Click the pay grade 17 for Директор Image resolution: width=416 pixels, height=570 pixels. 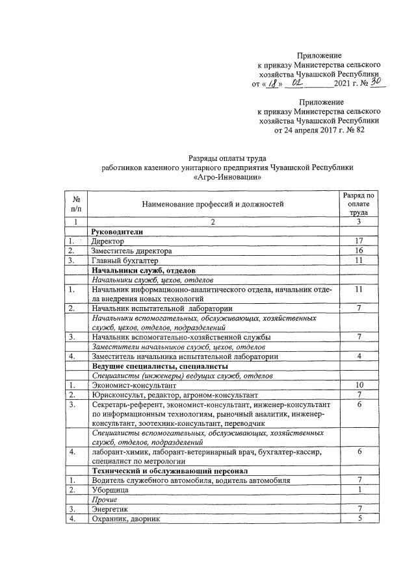[358, 241]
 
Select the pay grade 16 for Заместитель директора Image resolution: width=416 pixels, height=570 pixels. [358, 251]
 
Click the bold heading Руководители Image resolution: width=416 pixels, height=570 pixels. [117, 231]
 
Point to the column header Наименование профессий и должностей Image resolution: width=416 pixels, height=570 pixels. [214, 204]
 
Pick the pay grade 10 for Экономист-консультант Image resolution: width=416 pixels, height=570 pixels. [358, 385]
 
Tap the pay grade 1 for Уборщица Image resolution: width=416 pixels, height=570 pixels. [358, 490]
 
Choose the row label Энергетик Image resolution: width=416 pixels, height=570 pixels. [110, 510]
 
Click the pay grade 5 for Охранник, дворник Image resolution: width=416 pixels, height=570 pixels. [358, 519]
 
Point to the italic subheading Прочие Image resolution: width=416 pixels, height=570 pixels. [105, 500]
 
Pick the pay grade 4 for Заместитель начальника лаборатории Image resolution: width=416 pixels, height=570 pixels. [358, 356]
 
